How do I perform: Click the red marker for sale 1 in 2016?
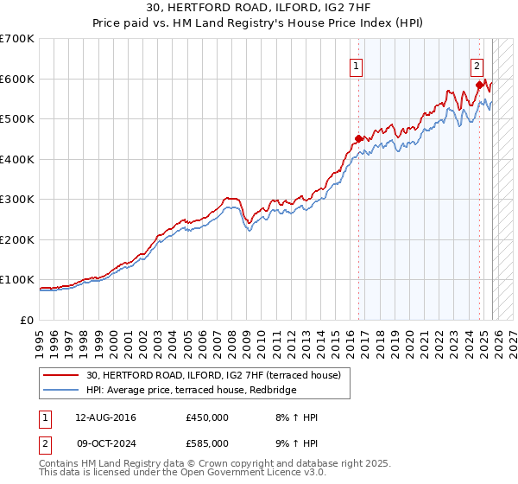coord(358,138)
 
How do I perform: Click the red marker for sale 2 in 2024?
coord(479,85)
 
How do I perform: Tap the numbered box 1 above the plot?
coord(356,63)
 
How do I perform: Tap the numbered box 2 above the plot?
coord(477,63)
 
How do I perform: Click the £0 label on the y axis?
coord(26,321)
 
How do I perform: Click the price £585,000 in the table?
coord(207,443)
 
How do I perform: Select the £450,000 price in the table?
coord(207,417)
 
